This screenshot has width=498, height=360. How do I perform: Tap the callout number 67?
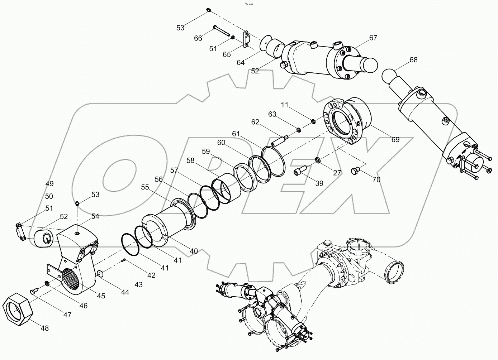(373, 38)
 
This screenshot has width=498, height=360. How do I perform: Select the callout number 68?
(413, 60)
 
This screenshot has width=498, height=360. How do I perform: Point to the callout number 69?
(395, 140)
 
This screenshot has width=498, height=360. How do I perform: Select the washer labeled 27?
(318, 159)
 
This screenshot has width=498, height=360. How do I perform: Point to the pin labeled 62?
(280, 140)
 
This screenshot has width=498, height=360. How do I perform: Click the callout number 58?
(190, 161)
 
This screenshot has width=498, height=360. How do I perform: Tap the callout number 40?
(194, 251)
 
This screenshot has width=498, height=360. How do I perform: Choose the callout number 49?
(49, 184)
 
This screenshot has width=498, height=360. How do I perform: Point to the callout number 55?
(145, 187)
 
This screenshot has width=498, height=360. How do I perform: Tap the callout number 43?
(138, 285)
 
